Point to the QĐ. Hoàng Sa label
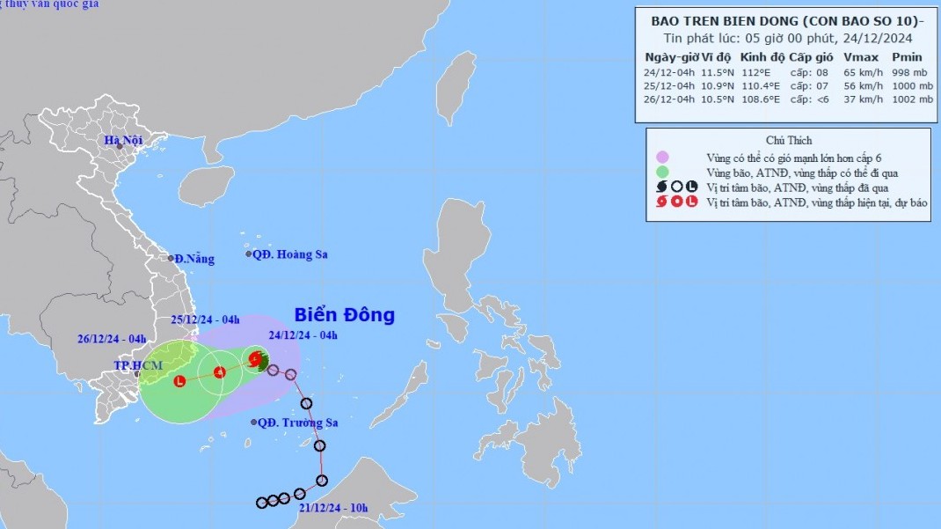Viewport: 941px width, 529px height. click(289, 254)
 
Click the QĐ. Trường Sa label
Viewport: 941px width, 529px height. click(295, 422)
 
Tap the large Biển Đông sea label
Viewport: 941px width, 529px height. click(344, 314)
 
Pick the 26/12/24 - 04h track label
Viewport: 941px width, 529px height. click(112, 339)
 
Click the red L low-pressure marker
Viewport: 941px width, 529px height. click(179, 381)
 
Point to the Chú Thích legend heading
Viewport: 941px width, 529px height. click(789, 140)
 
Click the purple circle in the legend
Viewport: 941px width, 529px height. click(662, 157)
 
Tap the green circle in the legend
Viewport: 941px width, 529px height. click(662, 172)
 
